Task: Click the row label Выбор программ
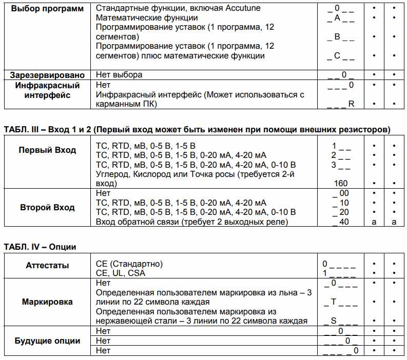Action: click(47, 9)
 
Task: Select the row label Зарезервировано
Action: click(47, 74)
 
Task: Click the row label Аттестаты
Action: click(47, 265)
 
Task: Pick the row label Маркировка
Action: click(47, 302)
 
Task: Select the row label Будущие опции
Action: click(47, 341)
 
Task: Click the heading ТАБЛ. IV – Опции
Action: click(40, 247)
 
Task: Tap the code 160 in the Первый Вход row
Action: click(340, 183)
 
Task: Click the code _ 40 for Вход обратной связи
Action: click(340, 222)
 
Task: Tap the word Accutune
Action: click(242, 9)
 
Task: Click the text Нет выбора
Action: click(119, 74)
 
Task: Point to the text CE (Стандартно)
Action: click(129, 264)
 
